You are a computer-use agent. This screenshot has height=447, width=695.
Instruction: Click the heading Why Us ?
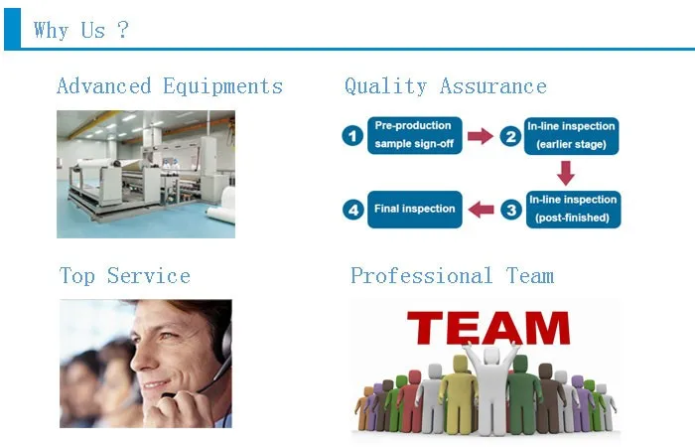pos(81,31)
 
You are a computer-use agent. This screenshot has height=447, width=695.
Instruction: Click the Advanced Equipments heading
pos(170,86)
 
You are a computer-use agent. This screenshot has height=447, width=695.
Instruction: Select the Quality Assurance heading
pos(446,86)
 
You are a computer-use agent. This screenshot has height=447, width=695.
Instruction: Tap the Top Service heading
pos(125,275)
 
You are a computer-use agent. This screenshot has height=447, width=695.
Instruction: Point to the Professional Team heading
pos(452,275)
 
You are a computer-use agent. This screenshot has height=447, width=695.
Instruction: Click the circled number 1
pos(352,136)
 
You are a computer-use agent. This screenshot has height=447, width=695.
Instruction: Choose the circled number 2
pos(510,136)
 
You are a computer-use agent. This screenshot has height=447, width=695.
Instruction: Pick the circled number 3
pos(511,210)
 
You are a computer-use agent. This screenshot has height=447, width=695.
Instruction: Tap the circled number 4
pos(353,210)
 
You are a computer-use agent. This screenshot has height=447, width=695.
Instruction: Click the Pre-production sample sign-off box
pos(414,135)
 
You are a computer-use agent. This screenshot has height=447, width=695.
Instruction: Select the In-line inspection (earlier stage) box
pos(571,136)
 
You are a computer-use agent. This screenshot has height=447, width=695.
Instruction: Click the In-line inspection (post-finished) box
pos(573,210)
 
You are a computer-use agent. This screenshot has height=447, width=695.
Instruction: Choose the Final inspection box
pos(414,210)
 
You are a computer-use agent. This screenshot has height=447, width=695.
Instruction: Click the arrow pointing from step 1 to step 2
pos(481,136)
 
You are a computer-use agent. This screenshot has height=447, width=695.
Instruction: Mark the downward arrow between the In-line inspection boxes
pos(566,173)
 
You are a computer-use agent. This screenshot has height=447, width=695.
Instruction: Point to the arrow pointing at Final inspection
pos(481,210)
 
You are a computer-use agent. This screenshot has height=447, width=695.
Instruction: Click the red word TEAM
pos(488,328)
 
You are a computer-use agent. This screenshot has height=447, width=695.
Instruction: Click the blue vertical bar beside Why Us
pos(12,28)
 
